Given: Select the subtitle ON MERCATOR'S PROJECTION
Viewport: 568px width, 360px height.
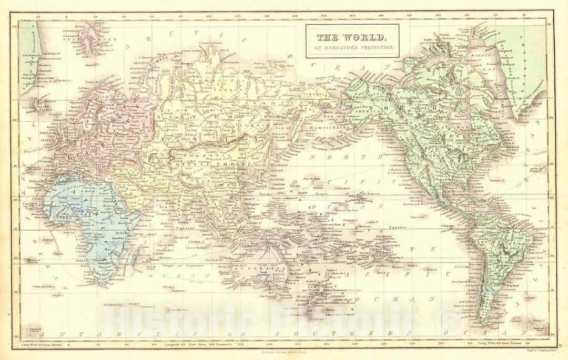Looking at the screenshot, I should click(x=353, y=47).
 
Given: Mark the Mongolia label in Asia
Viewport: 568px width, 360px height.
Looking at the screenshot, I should click(x=203, y=157).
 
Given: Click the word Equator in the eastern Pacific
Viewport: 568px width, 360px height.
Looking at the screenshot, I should click(x=398, y=227).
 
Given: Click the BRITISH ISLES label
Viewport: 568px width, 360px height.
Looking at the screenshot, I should click(x=31, y=136).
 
